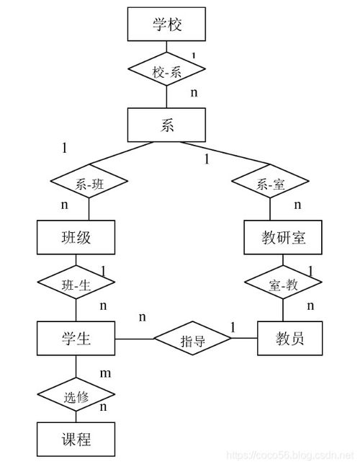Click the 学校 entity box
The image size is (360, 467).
click(x=166, y=25)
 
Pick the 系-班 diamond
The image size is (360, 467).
click(x=89, y=184)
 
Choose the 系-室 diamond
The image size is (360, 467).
click(x=270, y=184)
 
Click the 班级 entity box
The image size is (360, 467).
click(x=76, y=237)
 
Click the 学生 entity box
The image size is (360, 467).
click(x=76, y=337)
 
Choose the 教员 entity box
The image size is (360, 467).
click(x=289, y=337)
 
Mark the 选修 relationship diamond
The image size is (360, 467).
click(x=76, y=395)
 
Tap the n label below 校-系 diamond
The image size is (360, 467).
click(x=194, y=92)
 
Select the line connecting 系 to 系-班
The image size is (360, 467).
click(x=122, y=154)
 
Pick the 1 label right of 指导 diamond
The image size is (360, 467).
click(x=233, y=328)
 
